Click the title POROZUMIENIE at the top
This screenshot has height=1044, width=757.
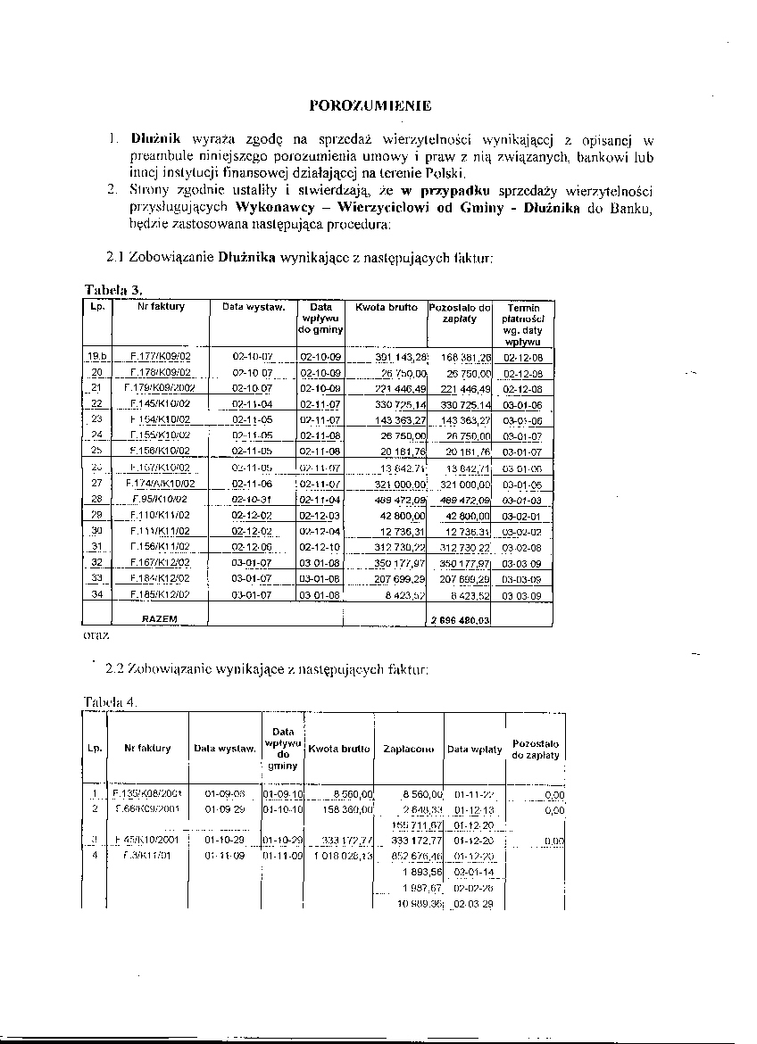(369, 105)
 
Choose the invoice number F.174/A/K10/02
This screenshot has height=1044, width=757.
(160, 483)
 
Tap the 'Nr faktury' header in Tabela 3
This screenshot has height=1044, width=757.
(161, 307)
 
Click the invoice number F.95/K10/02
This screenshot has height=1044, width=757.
(160, 499)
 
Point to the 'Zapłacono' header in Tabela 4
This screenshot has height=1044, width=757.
(408, 750)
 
